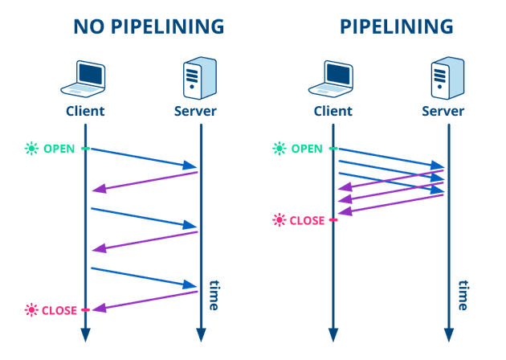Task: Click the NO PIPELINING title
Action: point(149,27)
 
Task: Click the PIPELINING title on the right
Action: point(396,27)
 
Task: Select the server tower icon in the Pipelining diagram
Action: point(446,78)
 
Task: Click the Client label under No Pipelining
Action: point(84,111)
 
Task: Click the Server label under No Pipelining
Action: point(195,111)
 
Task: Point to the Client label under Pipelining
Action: point(333,111)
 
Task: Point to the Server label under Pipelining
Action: point(443,111)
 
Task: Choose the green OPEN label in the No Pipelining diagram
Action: point(60,149)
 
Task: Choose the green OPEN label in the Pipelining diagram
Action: point(307,149)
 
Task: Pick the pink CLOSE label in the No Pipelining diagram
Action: point(59,310)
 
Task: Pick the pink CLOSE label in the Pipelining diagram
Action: point(307,220)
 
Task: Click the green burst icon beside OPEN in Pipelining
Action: point(279,149)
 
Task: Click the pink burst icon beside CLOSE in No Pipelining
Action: point(31,310)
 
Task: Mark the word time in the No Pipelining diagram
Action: point(214,294)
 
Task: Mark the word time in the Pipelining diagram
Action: point(463,294)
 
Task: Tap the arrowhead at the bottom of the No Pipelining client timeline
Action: point(85,334)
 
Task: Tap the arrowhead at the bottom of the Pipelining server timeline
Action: point(449,334)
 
